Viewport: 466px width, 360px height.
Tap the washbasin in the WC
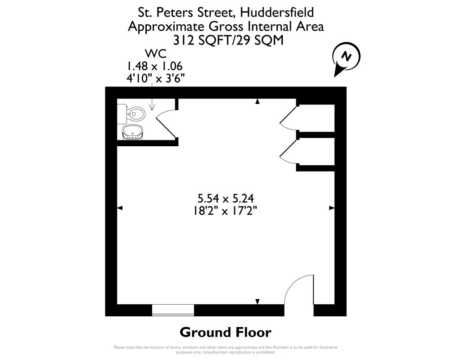[133, 132]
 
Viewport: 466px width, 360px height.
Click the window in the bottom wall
[173, 310]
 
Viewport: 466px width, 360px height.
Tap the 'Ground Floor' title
[226, 333]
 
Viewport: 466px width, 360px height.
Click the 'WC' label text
[154, 54]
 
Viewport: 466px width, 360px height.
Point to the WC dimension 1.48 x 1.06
[155, 66]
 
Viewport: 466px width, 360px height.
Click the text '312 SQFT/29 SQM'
[225, 40]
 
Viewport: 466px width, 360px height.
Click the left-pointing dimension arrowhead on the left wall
[120, 208]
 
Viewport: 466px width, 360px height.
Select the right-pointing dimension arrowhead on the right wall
[331, 208]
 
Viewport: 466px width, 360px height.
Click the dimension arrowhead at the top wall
[258, 102]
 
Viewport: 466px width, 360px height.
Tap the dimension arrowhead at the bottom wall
[258, 301]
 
